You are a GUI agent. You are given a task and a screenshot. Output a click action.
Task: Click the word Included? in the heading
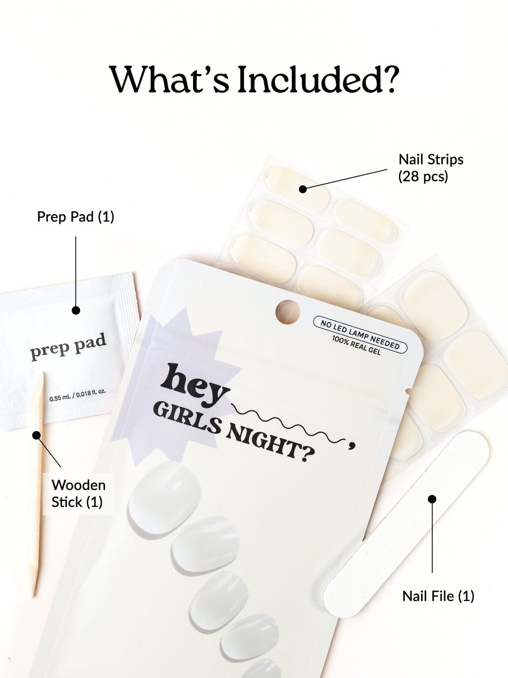coord(317,80)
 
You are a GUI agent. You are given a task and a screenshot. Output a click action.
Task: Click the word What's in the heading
coord(170,80)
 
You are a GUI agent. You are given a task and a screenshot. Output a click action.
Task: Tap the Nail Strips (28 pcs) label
coord(431,168)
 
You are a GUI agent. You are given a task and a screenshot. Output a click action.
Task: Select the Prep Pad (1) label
coord(76,216)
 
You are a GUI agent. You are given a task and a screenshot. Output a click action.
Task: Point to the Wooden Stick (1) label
coord(78,493)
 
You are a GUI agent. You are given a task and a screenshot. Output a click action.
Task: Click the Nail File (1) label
coord(438,596)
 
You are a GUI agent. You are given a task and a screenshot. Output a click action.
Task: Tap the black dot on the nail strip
coord(303,189)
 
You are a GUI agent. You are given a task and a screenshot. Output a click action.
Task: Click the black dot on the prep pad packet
coord(76,310)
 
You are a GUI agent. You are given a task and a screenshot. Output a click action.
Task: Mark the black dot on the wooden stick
coord(37,435)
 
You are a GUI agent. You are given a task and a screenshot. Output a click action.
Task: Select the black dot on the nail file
coord(432,499)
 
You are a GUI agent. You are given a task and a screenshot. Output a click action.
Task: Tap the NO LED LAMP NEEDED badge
coord(360,334)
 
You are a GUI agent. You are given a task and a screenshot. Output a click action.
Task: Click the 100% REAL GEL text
coord(356,345)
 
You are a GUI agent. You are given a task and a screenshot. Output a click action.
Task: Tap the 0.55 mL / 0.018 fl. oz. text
coord(78,395)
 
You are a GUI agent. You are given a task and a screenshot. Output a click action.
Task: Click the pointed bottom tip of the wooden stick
coord(34,597)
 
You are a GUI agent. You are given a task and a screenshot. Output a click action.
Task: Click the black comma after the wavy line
coord(351,445)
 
